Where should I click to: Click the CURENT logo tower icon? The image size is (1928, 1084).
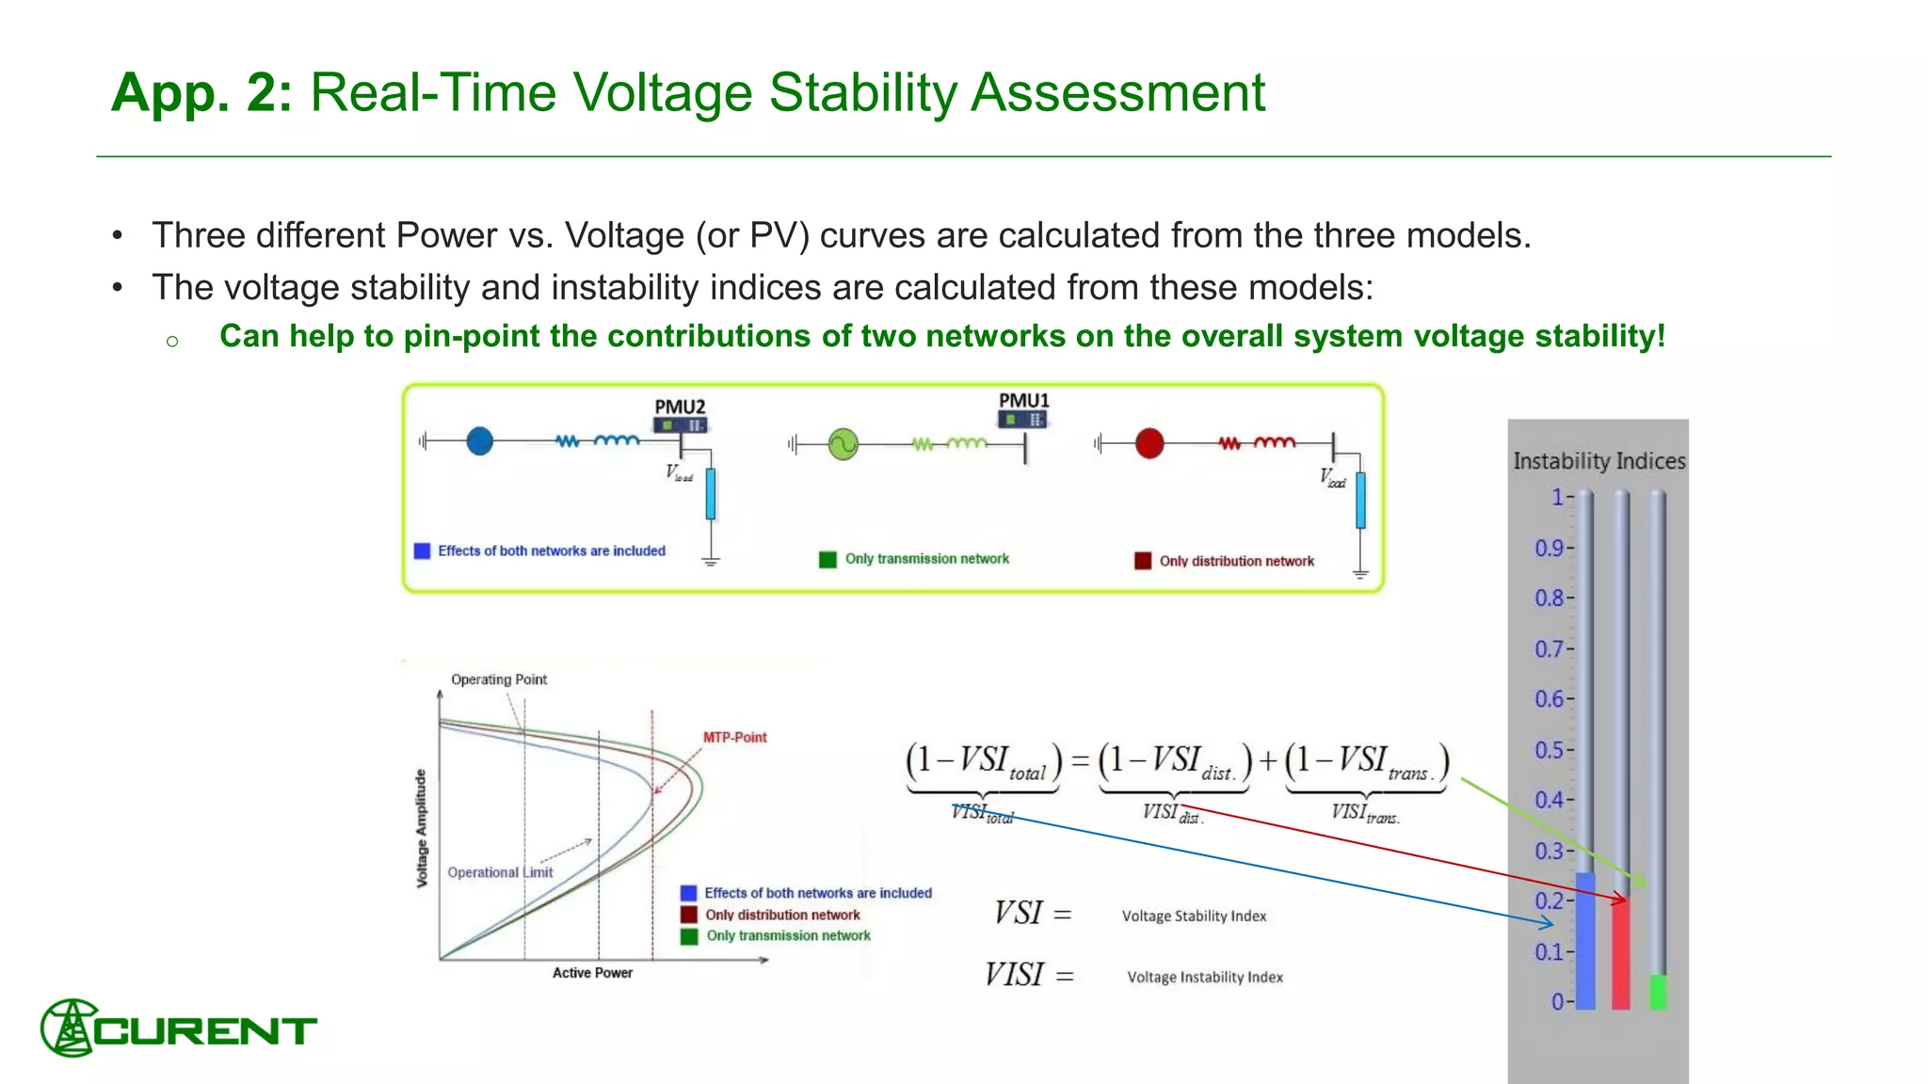click(x=68, y=1028)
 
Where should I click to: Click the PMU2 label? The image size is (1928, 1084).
click(x=680, y=406)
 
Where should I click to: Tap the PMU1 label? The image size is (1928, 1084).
click(x=1023, y=400)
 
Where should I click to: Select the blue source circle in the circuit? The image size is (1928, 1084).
click(x=479, y=440)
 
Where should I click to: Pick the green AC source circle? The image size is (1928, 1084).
click(x=843, y=443)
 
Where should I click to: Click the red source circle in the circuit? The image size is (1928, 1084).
click(x=1149, y=442)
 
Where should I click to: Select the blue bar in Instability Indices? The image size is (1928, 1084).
click(x=1585, y=941)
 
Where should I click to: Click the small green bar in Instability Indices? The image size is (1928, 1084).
click(x=1658, y=992)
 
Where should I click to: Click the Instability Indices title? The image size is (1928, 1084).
click(x=1599, y=461)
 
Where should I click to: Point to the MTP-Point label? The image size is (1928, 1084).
click(x=734, y=737)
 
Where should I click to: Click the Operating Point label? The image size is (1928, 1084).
click(x=498, y=679)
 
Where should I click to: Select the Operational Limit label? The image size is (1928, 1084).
click(x=500, y=872)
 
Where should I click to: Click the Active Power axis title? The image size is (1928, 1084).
click(x=592, y=973)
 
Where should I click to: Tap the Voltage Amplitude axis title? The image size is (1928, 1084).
click(x=422, y=828)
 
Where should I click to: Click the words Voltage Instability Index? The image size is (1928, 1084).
click(x=1204, y=977)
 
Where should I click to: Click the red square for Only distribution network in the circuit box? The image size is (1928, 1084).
click(x=1143, y=561)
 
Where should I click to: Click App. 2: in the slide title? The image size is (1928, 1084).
click(x=201, y=92)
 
